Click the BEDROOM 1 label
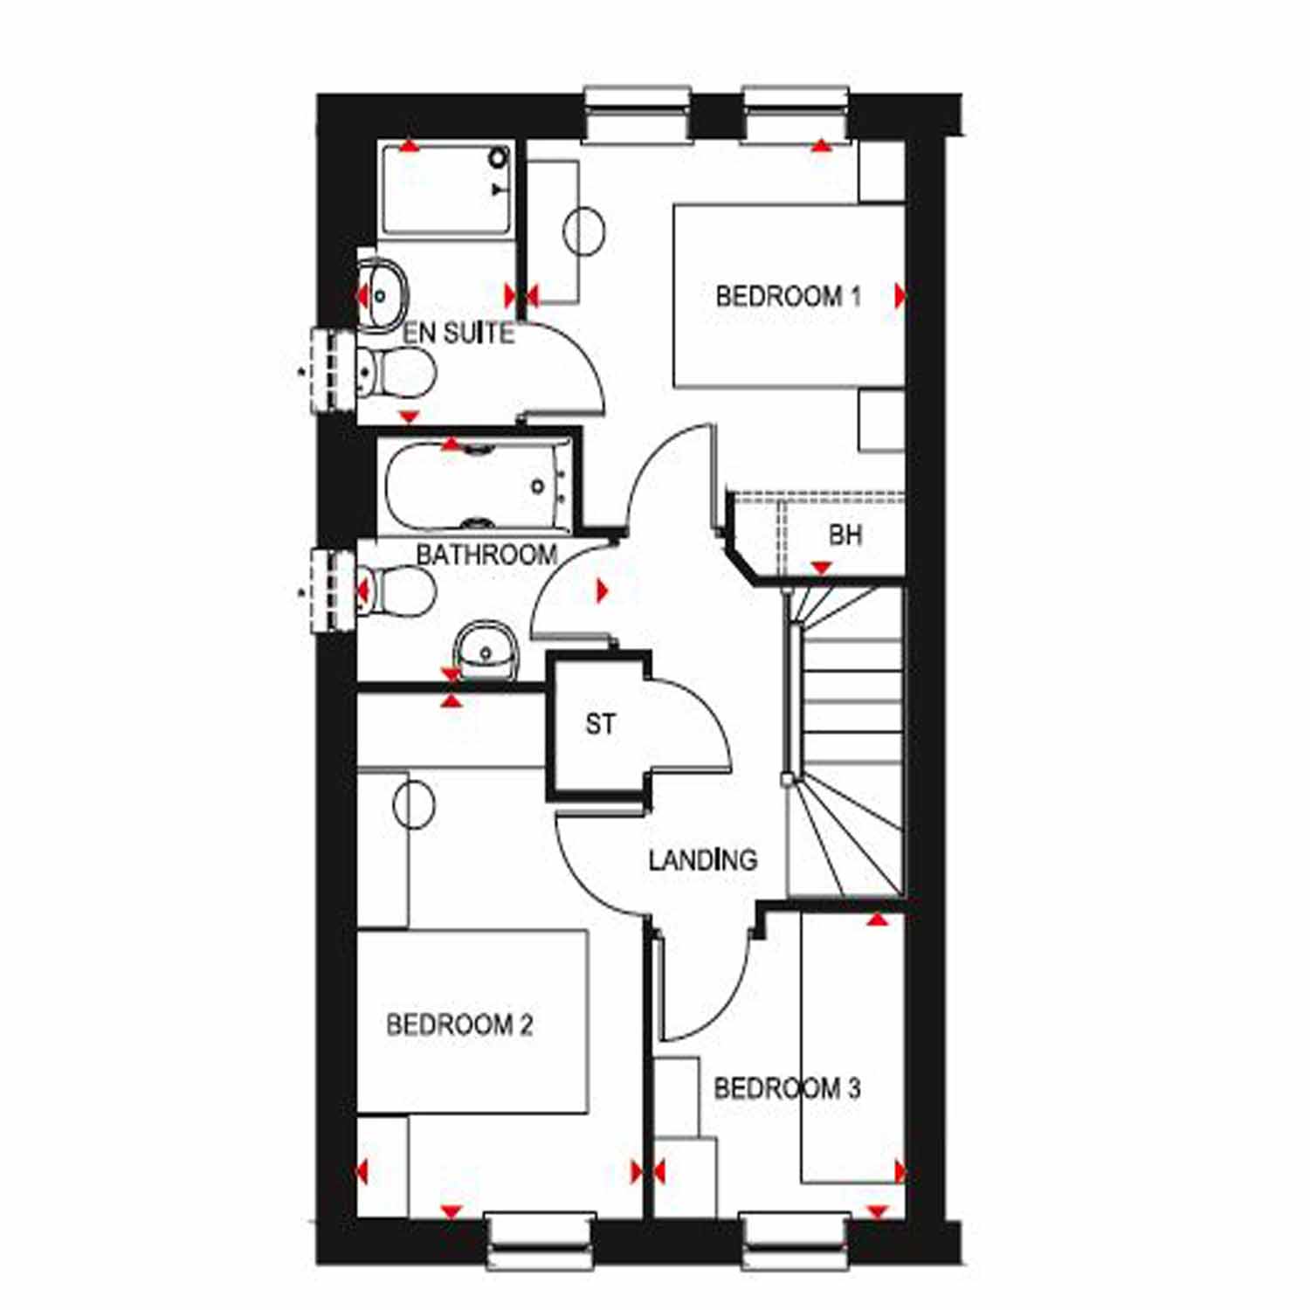788,296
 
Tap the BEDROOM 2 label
459,1024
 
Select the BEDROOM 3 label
787,1088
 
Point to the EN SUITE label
458,333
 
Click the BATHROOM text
486,555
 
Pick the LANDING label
702,860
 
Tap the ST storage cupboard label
600,724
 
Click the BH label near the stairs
845,534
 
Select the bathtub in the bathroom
477,486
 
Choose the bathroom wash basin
486,651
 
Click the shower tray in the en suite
446,190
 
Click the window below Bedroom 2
541,1241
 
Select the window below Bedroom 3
795,1241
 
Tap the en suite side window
334,369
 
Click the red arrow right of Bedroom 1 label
900,296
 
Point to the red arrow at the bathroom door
603,590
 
